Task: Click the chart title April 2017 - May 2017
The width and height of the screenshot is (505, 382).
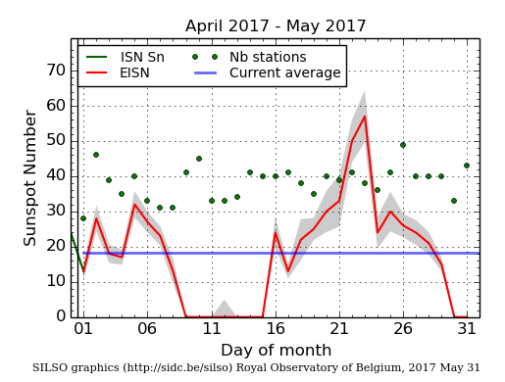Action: click(276, 26)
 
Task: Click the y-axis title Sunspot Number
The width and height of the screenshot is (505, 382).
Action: click(30, 178)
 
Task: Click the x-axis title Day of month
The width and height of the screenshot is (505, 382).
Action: click(275, 350)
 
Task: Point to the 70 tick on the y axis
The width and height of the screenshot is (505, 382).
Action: click(55, 71)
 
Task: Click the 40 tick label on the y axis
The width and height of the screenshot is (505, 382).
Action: click(55, 176)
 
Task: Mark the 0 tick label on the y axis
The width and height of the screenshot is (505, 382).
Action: click(60, 316)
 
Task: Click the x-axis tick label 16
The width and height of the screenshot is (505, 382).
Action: click(275, 329)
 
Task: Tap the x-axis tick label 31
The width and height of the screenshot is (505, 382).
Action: click(466, 329)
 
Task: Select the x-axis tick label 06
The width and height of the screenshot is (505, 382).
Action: click(147, 329)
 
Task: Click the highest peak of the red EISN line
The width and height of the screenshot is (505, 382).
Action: click(365, 117)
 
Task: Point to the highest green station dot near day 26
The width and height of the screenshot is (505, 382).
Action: click(402, 145)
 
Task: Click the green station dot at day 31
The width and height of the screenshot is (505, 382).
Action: click(466, 166)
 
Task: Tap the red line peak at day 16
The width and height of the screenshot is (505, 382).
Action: click(275, 232)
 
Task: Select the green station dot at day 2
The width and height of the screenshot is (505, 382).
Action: click(96, 155)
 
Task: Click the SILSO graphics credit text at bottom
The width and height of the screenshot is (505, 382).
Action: click(256, 368)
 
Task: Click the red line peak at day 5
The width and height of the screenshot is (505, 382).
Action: click(134, 204)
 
